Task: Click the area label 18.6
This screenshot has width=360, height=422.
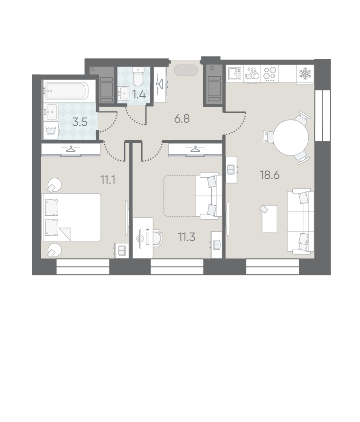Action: (x=270, y=175)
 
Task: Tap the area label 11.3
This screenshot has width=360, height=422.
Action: (x=187, y=237)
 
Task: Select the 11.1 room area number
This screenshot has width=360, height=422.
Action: (x=108, y=180)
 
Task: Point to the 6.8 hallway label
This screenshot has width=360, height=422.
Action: (x=182, y=119)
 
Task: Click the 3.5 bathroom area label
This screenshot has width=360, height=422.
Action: (x=80, y=122)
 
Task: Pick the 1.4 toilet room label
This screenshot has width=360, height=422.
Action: (x=139, y=95)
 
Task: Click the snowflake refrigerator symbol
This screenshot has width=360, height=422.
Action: (x=305, y=73)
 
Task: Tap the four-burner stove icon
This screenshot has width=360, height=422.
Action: (x=270, y=74)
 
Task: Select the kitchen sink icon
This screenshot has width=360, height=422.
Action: (x=235, y=74)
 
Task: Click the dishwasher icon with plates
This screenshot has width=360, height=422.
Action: (x=252, y=73)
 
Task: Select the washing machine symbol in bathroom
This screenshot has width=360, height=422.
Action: (x=51, y=130)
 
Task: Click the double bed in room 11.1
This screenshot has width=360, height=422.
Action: (x=72, y=217)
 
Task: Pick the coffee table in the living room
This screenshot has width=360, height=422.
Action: (x=270, y=219)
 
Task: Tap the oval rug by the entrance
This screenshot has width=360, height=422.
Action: (x=186, y=70)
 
